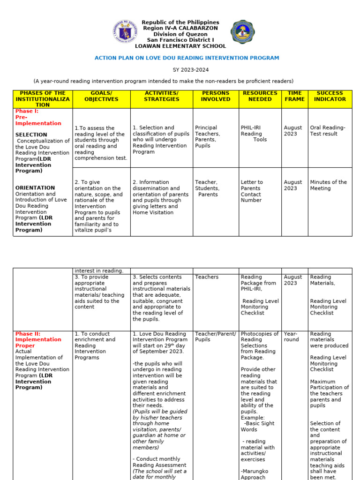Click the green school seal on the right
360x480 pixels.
click(x=243, y=32)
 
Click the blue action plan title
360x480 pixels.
click(x=187, y=58)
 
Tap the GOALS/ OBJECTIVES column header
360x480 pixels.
click(x=101, y=96)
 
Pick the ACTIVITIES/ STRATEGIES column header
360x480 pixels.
click(x=162, y=96)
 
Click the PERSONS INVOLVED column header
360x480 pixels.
click(x=216, y=96)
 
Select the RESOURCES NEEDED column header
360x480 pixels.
click(x=260, y=96)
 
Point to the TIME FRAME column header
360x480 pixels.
click(x=294, y=96)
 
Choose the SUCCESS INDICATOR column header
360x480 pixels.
click(x=330, y=96)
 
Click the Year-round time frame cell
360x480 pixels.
click(x=291, y=337)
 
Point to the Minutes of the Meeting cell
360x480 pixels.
click(x=328, y=185)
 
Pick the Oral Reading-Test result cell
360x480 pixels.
click(x=328, y=130)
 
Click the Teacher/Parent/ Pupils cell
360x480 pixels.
click(x=216, y=337)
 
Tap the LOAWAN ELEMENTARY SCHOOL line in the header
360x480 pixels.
click(x=180, y=46)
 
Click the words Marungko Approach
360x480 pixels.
click(x=254, y=474)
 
